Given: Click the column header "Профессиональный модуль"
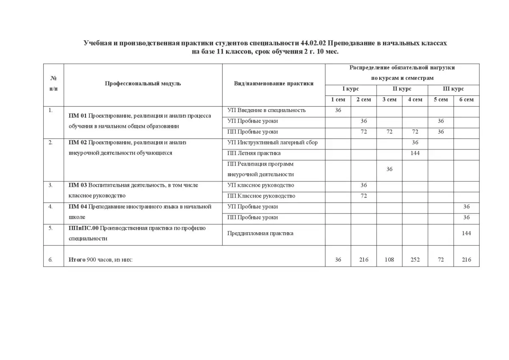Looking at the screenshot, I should tap(143, 84).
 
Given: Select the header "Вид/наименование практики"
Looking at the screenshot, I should tap(274, 84).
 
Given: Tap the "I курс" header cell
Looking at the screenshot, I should tap(350, 89).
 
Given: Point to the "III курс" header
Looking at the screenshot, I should tap(453, 89).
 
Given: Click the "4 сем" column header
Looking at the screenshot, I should tap(415, 100).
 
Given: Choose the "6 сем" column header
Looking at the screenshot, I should tap(466, 100).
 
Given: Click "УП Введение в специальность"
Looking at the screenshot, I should tap(266, 110).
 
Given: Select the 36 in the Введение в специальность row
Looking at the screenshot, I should tap(338, 110).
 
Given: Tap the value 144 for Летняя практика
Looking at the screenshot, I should tap(415, 153).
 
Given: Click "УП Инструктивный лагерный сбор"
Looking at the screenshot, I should tap(272, 143).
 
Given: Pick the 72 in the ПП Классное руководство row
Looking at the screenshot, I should tap(364, 196).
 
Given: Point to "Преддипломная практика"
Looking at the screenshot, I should tap(260, 233).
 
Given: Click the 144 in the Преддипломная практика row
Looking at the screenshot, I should tap(466, 233).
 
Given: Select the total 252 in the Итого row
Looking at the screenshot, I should tap(415, 260).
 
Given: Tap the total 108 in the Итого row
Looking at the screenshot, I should tap(389, 260).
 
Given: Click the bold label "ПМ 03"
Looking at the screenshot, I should tap(78, 185).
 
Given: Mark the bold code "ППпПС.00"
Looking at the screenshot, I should tap(84, 228).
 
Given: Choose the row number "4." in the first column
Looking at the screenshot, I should tap(50, 207).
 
